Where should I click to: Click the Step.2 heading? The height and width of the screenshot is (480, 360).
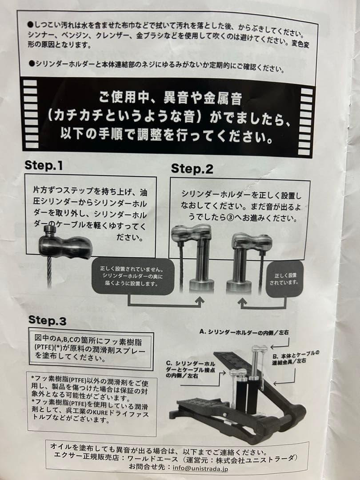point(192,168)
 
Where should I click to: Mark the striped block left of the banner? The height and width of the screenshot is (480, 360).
point(30,113)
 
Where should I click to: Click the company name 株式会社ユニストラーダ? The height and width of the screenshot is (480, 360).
point(262,458)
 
